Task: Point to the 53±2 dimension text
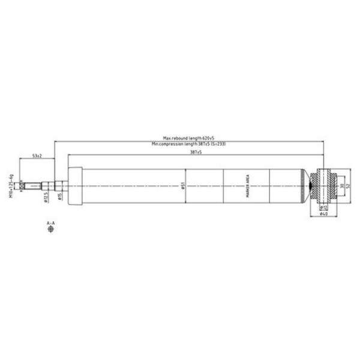pyautogui.click(x=37, y=156)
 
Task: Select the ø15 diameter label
pyautogui.click(x=60, y=196)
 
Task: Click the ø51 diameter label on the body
pyautogui.click(x=182, y=187)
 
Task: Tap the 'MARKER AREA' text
pyautogui.click(x=247, y=187)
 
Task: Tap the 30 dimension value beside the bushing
pyautogui.click(x=341, y=187)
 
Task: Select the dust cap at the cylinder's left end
pyautogui.click(x=75, y=187)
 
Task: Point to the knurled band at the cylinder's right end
pyautogui.click(x=302, y=187)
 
